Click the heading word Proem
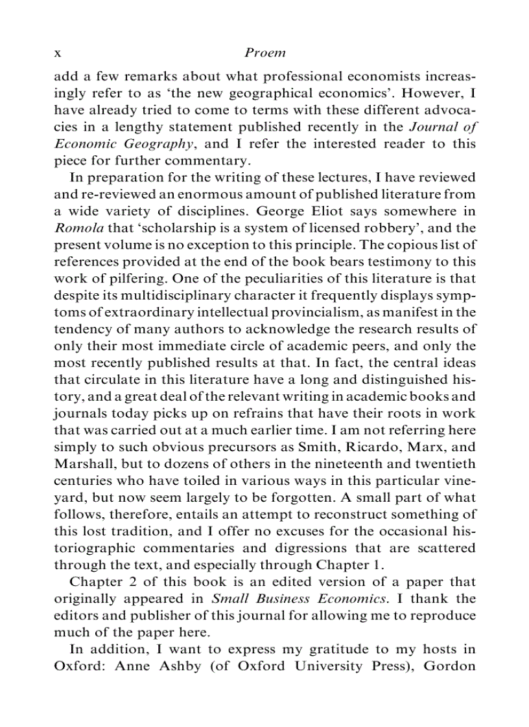pos(266,52)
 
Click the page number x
pos(57,53)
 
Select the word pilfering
pos(130,278)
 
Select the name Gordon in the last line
pos(450,666)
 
